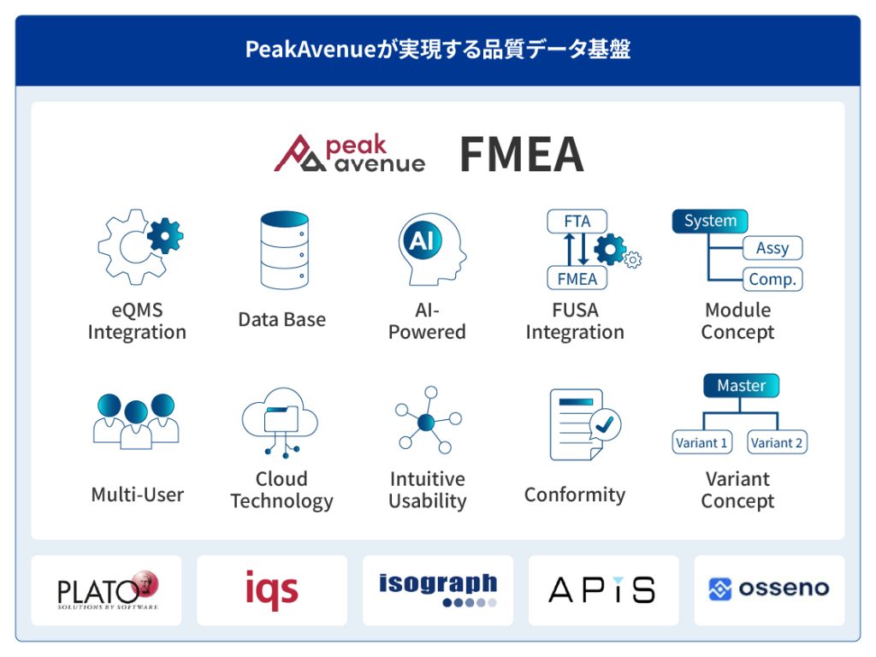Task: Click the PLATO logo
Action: coord(108,590)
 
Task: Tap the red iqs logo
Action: coord(272,590)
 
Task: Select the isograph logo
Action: coord(438,589)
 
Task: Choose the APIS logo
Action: coord(602,590)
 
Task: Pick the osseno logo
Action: coord(769,589)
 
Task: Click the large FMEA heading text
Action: coord(522,155)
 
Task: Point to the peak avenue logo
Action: coord(350,153)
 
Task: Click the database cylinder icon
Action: coord(284,250)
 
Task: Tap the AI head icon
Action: coord(431,249)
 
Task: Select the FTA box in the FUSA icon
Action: coord(577,222)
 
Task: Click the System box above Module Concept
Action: coord(710,222)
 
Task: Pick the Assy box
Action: coord(772,248)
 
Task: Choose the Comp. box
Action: coord(772,280)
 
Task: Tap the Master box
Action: coord(742,386)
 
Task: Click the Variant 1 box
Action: coord(701,442)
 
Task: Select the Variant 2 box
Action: coord(777,442)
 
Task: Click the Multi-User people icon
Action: coord(136,421)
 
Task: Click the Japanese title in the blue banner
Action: coord(438,50)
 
